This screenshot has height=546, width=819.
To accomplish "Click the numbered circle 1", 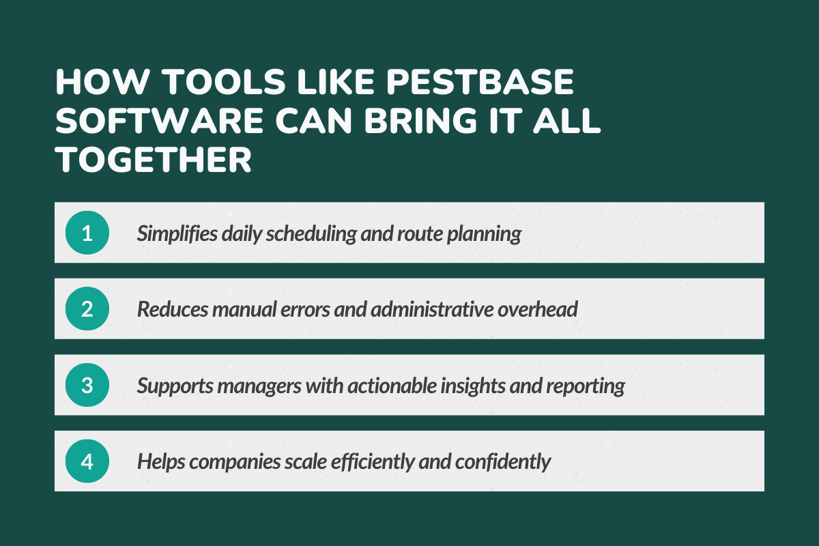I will pos(87,233).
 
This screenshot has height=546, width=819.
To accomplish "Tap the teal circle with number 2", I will pos(87,309).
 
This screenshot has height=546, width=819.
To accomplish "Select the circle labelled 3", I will pos(87,386).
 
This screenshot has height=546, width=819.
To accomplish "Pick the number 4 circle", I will pos(87,462).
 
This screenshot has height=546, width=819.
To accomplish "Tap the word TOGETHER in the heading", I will pos(154,160).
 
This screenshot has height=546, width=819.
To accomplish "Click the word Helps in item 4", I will pos(162,463).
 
